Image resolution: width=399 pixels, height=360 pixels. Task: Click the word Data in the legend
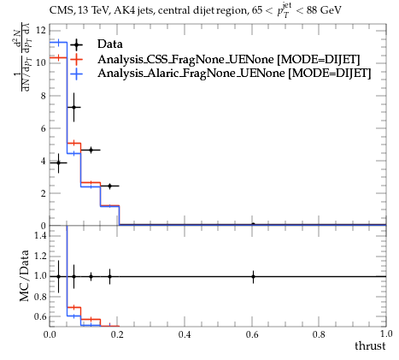click(x=110, y=44)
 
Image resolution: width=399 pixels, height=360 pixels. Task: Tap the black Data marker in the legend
click(x=76, y=44)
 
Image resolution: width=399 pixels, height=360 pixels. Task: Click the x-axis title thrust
click(x=370, y=345)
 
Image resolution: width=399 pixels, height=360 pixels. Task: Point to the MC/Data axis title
click(x=25, y=275)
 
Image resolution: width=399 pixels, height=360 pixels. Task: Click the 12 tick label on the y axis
click(x=41, y=30)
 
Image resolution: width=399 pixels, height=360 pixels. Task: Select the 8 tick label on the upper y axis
click(x=43, y=96)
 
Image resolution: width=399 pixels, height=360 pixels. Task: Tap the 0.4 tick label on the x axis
click(x=185, y=334)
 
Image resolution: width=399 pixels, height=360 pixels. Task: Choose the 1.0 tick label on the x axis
click(x=386, y=333)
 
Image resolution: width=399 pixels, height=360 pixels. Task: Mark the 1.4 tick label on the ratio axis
click(x=40, y=235)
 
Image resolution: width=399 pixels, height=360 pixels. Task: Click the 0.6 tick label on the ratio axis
click(x=40, y=316)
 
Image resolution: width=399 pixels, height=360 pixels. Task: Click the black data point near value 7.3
click(x=73, y=107)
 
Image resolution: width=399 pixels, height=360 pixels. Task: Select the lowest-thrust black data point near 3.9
click(x=58, y=162)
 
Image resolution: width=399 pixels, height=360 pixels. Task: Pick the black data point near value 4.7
click(x=91, y=150)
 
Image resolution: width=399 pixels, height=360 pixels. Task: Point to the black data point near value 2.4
click(x=109, y=186)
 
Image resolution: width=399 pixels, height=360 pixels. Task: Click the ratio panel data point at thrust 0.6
click(x=253, y=276)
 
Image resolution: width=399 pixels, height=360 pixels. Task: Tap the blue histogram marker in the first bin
click(x=58, y=43)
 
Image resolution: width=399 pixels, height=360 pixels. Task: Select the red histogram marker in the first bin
click(x=58, y=58)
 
